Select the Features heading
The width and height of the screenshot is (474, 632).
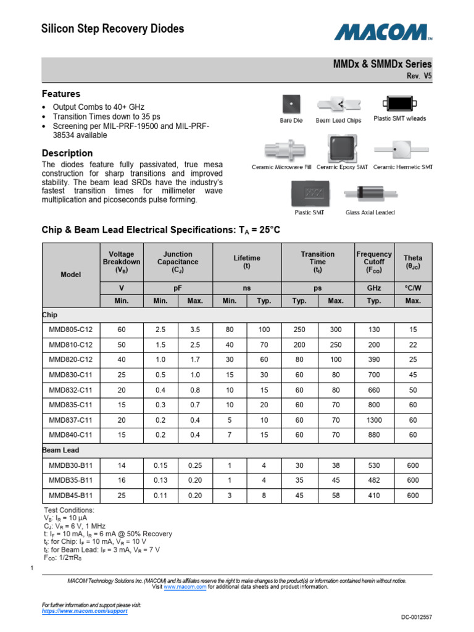click(60, 94)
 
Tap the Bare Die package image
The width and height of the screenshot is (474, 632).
click(291, 104)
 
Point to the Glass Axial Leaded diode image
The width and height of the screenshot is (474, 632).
click(370, 194)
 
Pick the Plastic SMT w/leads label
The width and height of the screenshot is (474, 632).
click(399, 118)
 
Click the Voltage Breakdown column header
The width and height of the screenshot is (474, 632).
click(121, 262)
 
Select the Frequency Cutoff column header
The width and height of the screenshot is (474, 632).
click(373, 262)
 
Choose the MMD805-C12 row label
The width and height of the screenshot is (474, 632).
click(70, 330)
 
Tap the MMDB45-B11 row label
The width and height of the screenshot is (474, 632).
click(70, 495)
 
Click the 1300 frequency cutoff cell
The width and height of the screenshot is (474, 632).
click(373, 420)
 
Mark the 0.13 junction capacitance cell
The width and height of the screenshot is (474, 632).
click(160, 480)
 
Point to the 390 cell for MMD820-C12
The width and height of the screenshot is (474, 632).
click(373, 360)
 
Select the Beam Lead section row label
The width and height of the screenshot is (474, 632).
click(60, 451)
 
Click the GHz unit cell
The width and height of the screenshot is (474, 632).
click(373, 288)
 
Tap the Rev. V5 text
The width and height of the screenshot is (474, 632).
click(418, 76)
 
